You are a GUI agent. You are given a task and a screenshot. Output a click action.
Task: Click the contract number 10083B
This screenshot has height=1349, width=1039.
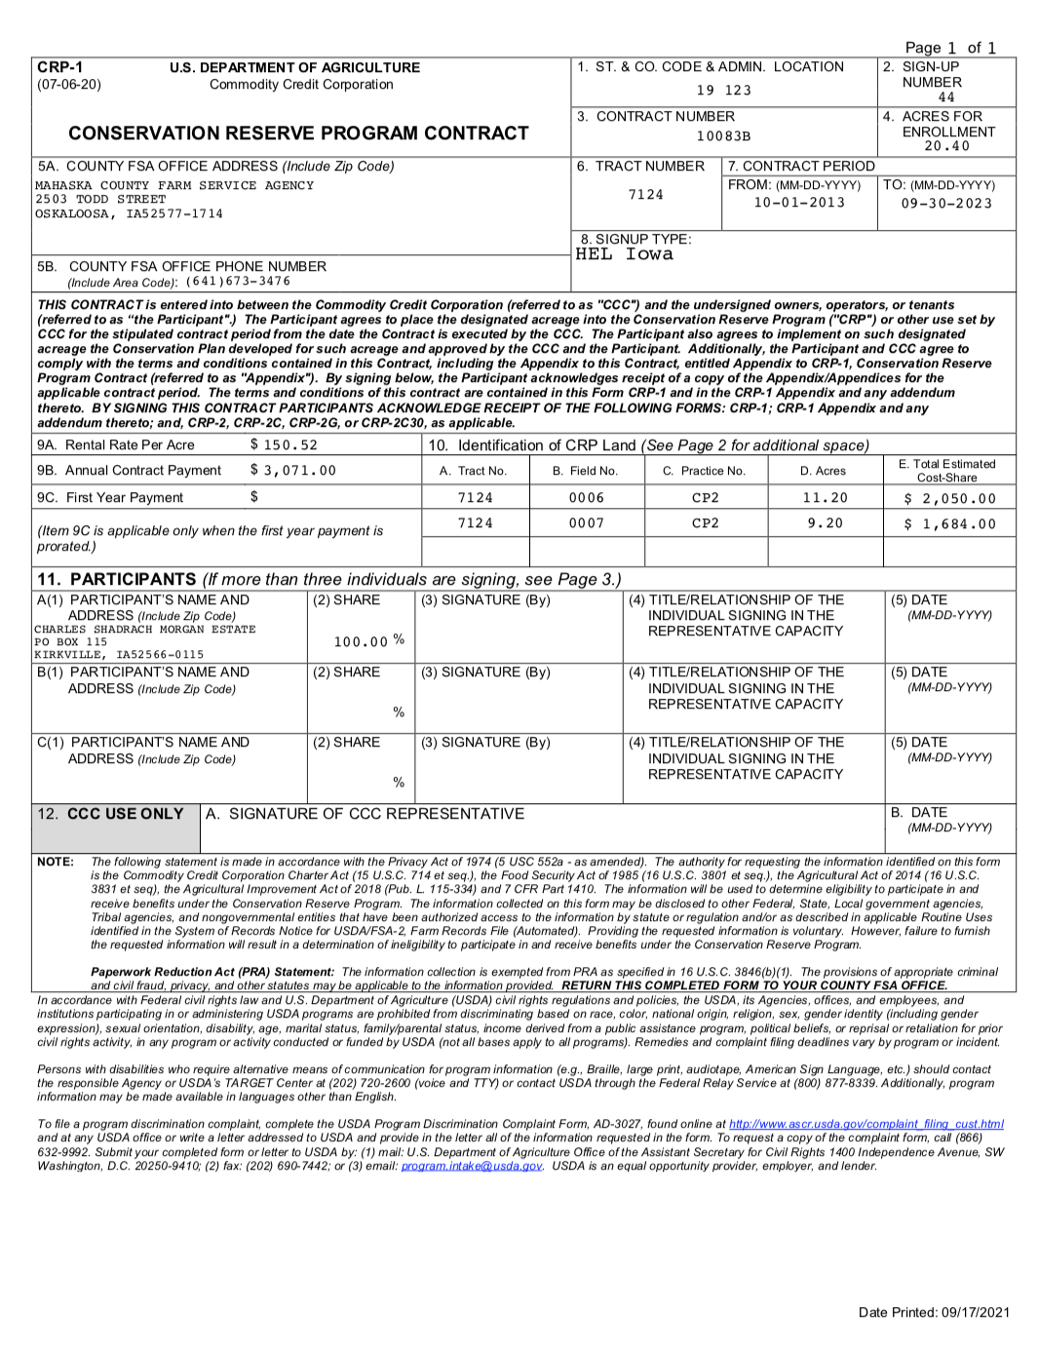tap(723, 136)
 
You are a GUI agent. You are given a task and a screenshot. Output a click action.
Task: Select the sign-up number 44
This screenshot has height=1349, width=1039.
tap(946, 97)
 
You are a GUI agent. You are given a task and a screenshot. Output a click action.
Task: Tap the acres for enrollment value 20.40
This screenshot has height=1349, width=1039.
tap(946, 146)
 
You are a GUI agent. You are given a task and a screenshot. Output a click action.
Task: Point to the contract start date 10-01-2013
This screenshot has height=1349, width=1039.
tap(799, 203)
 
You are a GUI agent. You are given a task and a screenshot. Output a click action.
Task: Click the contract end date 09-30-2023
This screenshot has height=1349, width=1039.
tap(946, 204)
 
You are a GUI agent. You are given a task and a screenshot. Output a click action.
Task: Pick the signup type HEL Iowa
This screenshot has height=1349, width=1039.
tap(624, 254)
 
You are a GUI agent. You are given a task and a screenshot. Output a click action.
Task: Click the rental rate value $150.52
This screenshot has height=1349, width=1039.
tap(285, 445)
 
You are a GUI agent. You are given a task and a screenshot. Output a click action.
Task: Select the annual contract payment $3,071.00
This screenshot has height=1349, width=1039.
tap(293, 471)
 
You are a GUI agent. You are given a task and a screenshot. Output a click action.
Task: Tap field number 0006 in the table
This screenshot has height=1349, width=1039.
tap(587, 498)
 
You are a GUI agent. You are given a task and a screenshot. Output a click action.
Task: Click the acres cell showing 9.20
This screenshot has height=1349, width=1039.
tap(825, 523)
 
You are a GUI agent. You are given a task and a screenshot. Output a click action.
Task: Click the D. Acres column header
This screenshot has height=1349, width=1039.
tap(824, 471)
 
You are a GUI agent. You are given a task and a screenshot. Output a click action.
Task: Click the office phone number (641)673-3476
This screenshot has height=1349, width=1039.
tap(238, 282)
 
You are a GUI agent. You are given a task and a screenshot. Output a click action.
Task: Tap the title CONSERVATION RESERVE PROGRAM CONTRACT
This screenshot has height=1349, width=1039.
tap(298, 134)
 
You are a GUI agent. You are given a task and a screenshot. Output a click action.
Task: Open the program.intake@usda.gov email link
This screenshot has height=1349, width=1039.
tap(472, 1166)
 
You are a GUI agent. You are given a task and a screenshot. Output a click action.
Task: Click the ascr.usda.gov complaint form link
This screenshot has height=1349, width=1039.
tap(866, 1124)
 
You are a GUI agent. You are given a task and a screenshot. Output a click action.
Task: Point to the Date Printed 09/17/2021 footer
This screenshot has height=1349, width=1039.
tap(934, 1312)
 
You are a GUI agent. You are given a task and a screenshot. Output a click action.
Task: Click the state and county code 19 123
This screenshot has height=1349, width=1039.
tap(723, 91)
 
